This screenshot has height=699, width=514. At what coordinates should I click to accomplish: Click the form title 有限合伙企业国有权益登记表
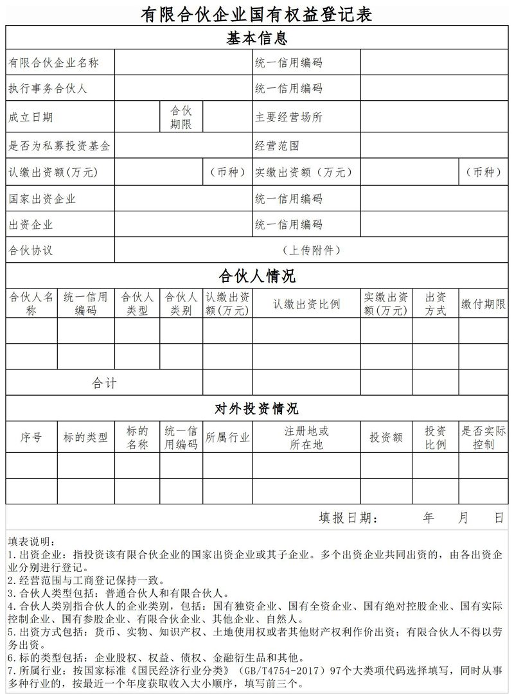coord(257,13)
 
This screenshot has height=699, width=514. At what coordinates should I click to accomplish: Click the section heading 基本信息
coord(257,38)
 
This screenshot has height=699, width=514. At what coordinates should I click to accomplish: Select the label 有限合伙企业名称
coord(53,63)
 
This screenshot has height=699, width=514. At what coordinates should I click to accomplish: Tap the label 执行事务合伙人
coord(48,89)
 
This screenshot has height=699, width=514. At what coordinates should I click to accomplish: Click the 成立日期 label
coord(30,117)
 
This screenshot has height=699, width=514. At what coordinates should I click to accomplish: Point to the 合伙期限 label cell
coord(181,117)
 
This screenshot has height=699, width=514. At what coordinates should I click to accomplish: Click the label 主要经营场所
coord(288,117)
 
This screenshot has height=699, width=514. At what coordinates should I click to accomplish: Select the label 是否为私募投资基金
coord(59,146)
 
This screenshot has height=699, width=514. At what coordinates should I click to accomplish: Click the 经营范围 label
coord(277,146)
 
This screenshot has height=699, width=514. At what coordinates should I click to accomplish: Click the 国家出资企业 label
coord(42,199)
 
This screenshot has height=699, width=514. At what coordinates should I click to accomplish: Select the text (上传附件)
coord(312,250)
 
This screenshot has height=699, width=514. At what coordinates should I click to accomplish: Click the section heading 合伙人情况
coord(257,276)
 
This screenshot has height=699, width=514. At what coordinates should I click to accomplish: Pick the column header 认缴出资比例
coord(306,304)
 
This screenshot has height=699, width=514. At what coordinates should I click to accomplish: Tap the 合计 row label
coord(104,383)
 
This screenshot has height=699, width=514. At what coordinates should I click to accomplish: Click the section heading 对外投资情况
coord(257,409)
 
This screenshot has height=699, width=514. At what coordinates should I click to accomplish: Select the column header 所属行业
coord(227,438)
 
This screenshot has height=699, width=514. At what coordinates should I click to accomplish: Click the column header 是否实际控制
coord(483,438)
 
